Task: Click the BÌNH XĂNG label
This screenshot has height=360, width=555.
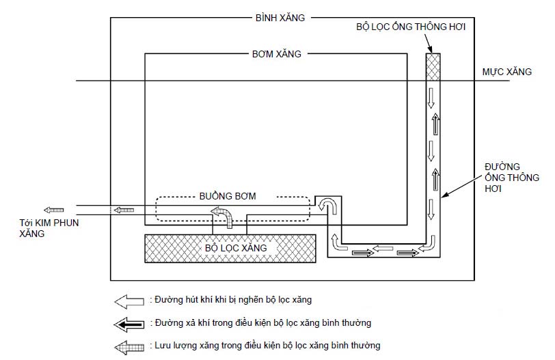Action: pos(280,18)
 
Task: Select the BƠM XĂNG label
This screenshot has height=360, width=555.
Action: pos(276,54)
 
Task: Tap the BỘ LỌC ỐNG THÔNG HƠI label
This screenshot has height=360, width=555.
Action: pos(411,27)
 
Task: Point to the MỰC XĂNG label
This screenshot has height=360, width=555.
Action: pos(507,72)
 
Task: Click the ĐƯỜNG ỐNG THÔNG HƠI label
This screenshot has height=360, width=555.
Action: pos(512,178)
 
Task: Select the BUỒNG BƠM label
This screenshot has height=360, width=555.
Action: pos(228,196)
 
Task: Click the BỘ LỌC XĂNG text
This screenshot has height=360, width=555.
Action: pos(236,248)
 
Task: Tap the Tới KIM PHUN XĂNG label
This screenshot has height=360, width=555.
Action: pos(49,228)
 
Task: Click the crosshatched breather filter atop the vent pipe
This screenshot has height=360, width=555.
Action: pos(433,67)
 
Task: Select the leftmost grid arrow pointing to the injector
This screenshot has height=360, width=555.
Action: pos(54,210)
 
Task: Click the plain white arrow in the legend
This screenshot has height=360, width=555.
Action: pos(129,301)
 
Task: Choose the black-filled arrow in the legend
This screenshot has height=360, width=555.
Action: pos(128,324)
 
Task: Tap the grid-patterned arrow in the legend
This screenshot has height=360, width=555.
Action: pos(129,348)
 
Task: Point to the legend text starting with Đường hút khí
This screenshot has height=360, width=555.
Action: pos(231,300)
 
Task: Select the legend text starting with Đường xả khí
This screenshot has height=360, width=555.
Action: pos(260,323)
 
